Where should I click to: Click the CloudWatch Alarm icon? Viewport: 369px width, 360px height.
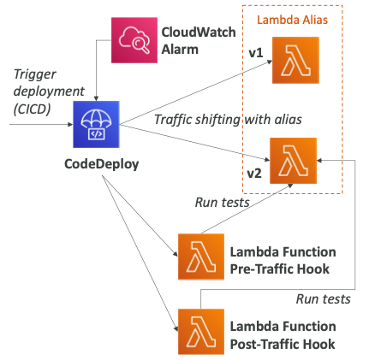tap(134, 40)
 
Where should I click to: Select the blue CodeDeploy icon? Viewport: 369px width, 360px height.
tap(96, 124)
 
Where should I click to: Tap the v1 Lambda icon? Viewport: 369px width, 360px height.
tap(295, 60)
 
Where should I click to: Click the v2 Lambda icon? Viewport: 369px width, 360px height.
tap(294, 161)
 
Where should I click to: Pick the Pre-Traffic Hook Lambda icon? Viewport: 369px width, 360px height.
tap(201, 257)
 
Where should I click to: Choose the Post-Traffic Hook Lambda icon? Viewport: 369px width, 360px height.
tap(201, 332)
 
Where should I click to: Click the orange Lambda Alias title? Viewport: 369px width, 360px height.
tap(292, 20)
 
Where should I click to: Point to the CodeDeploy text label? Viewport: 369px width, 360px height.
tap(102, 164)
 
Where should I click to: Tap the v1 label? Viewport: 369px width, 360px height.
tap(256, 53)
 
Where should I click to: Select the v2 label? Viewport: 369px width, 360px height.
tap(254, 174)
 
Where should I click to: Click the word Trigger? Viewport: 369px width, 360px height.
tap(35, 75)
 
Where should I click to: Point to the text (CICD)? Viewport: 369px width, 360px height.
tap(32, 109)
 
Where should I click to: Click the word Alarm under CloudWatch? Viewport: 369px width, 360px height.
tap(180, 50)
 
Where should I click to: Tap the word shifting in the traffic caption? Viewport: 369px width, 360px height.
tap(217, 120)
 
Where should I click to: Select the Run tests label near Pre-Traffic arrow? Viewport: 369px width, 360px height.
tap(223, 203)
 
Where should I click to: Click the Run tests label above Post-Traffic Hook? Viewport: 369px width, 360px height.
tap(324, 299)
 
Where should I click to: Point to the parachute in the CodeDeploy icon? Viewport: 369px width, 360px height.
tap(96, 120)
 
